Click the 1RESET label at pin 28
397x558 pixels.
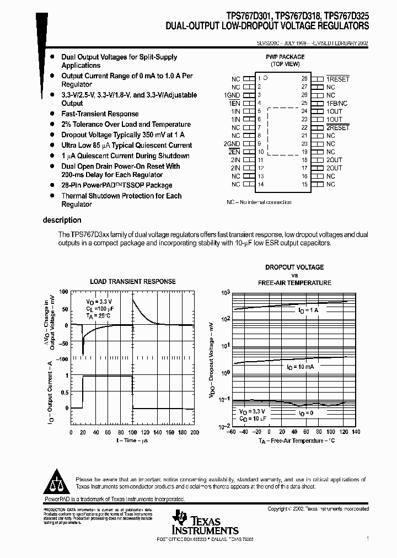(337, 79)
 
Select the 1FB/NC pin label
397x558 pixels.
(337, 103)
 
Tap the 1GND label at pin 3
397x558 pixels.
(232, 95)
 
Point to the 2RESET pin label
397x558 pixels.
(337, 127)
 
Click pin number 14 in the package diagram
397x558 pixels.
(261, 184)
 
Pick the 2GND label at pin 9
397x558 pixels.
(232, 143)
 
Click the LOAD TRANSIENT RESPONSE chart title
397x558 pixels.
(133, 281)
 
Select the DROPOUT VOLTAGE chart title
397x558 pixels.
(294, 267)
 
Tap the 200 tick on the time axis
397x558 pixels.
(194, 432)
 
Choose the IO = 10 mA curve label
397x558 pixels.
(300, 367)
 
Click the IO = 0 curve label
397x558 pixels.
(305, 412)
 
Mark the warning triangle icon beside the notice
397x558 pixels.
(56, 482)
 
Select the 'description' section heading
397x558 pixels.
(62, 220)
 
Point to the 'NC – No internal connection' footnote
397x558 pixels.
(259, 202)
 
